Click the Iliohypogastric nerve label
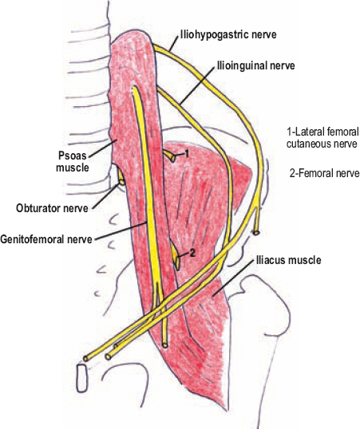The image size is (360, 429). coord(227,35)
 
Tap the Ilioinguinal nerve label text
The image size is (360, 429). coord(255,65)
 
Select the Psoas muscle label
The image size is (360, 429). coord(73,161)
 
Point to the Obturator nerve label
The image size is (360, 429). coord(52,208)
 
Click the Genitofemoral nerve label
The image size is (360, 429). coord(46,239)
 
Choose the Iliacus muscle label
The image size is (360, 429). coord(288,260)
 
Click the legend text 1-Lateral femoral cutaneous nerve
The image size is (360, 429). coord(322,138)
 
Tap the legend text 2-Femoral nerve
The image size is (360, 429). coord(324,173)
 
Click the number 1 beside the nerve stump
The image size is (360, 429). coord(186,154)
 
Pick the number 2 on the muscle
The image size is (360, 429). coord(192,254)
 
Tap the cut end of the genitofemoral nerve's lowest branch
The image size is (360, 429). coord(164,345)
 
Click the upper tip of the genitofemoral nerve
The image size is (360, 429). coord(135,88)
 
